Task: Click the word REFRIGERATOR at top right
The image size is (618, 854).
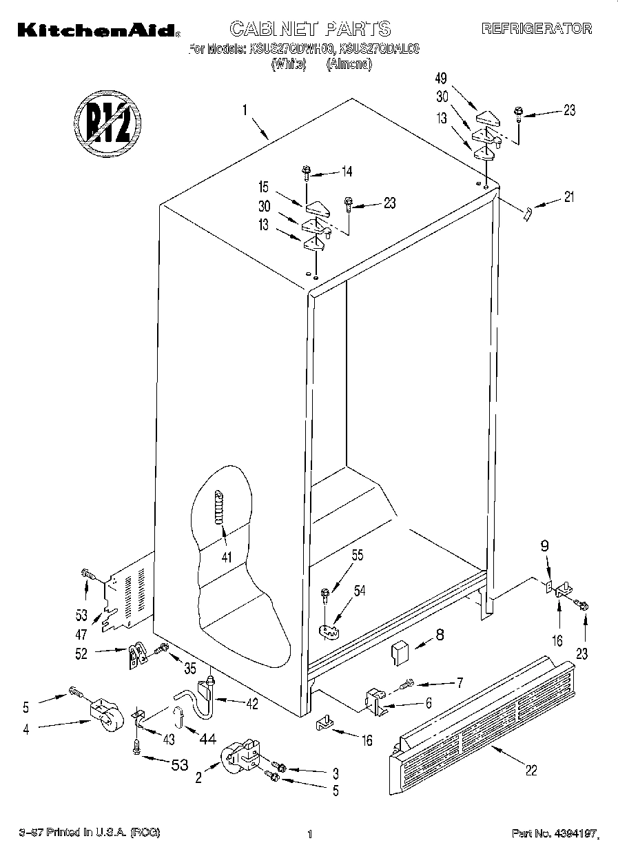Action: (x=536, y=28)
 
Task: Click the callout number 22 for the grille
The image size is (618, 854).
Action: (x=530, y=771)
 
